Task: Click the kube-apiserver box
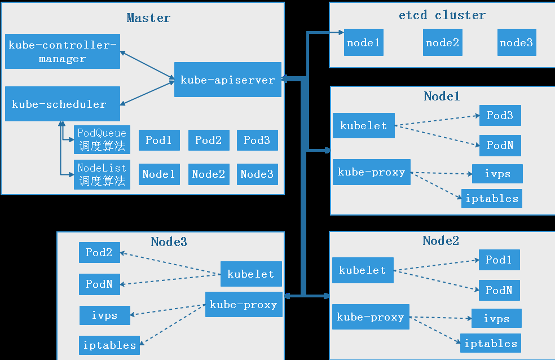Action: tap(227, 80)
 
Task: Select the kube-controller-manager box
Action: tap(63, 52)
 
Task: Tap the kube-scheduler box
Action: tap(62, 104)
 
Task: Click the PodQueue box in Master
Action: tap(102, 139)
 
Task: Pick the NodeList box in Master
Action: tap(102, 174)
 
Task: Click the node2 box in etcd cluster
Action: tap(442, 43)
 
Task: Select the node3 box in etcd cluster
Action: tap(516, 43)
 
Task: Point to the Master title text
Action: tap(148, 17)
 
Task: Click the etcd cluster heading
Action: tap(442, 15)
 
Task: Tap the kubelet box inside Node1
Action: tap(364, 126)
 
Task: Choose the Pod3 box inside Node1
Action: tap(500, 116)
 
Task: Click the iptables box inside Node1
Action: tap(491, 199)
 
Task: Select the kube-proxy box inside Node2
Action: tap(371, 317)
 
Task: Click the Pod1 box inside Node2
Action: tap(499, 260)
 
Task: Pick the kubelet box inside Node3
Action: tap(251, 274)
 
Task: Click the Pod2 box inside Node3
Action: tap(99, 253)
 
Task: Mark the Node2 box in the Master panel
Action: tap(209, 174)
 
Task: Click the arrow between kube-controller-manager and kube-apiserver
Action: tap(147, 64)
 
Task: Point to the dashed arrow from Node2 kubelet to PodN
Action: tap(436, 280)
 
